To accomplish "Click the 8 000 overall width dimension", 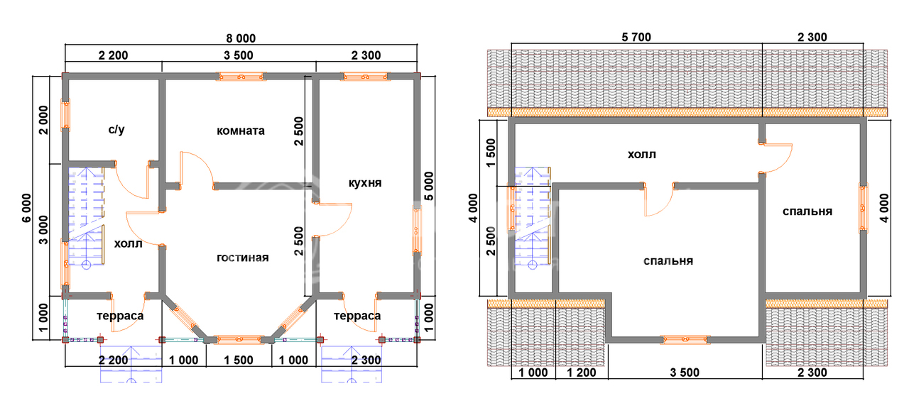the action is pyautogui.click(x=241, y=38).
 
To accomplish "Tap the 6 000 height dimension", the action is pyautogui.click(x=26, y=208).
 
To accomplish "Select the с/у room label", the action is pyautogui.click(x=116, y=129).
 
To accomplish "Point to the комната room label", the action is pyautogui.click(x=241, y=131).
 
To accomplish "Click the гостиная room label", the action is pyautogui.click(x=243, y=258).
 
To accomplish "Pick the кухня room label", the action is pyautogui.click(x=365, y=183).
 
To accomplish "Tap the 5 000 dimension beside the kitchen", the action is pyautogui.click(x=429, y=186).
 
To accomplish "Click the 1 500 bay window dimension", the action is pyautogui.click(x=238, y=360).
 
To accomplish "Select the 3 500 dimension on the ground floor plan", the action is pyautogui.click(x=238, y=55).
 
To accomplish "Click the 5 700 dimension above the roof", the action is pyautogui.click(x=636, y=38).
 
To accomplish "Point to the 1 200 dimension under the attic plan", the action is pyautogui.click(x=582, y=373).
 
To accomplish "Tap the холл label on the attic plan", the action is pyautogui.click(x=642, y=155).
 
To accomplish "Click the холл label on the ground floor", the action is pyautogui.click(x=129, y=244).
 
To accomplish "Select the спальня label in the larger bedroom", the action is pyautogui.click(x=668, y=261).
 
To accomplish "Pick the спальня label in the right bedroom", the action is pyautogui.click(x=807, y=211).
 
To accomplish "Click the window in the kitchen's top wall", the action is pyautogui.click(x=365, y=76).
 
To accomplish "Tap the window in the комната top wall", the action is pyautogui.click(x=241, y=76).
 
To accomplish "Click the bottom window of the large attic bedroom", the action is pyautogui.click(x=685, y=340).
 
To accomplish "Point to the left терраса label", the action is pyautogui.click(x=120, y=316).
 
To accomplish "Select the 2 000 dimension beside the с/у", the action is pyautogui.click(x=43, y=120).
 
